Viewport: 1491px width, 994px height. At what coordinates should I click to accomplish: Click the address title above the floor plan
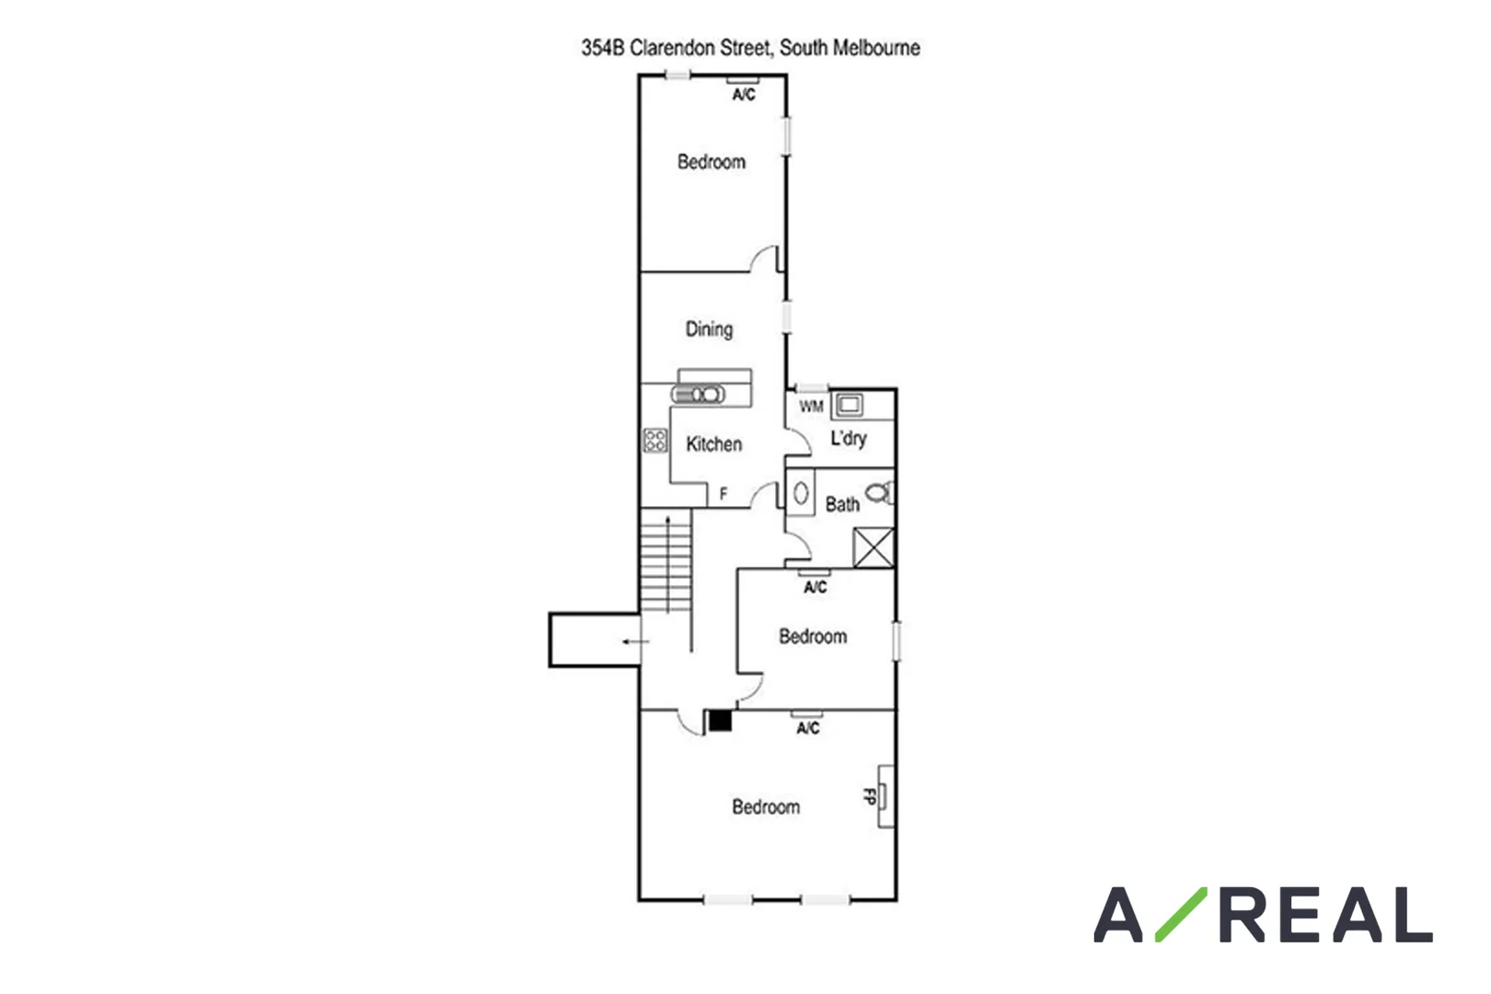(x=750, y=48)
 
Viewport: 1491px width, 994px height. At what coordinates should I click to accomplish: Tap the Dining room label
(x=709, y=329)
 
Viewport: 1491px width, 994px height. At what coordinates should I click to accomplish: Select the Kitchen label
(x=713, y=445)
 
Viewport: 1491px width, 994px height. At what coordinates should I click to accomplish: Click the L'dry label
(x=848, y=438)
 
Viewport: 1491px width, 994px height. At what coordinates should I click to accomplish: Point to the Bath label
(x=842, y=504)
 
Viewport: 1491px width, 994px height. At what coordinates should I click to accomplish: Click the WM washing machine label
(x=811, y=406)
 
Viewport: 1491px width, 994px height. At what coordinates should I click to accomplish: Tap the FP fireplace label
(x=868, y=796)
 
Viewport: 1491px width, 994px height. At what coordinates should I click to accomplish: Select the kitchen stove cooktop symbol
(x=655, y=440)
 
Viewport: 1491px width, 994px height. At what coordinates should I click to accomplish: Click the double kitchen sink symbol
(x=699, y=395)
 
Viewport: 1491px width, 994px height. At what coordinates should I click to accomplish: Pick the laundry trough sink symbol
(x=849, y=404)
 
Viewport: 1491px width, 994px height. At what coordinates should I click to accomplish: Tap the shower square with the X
(x=873, y=548)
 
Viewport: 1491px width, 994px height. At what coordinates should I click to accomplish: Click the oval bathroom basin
(x=801, y=494)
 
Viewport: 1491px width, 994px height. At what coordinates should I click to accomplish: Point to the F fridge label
(x=723, y=495)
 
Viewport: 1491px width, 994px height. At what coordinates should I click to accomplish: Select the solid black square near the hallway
(x=720, y=721)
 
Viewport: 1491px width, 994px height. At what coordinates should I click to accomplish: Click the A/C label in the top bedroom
(x=744, y=95)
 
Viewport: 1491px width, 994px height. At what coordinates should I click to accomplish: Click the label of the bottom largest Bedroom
(x=766, y=807)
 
